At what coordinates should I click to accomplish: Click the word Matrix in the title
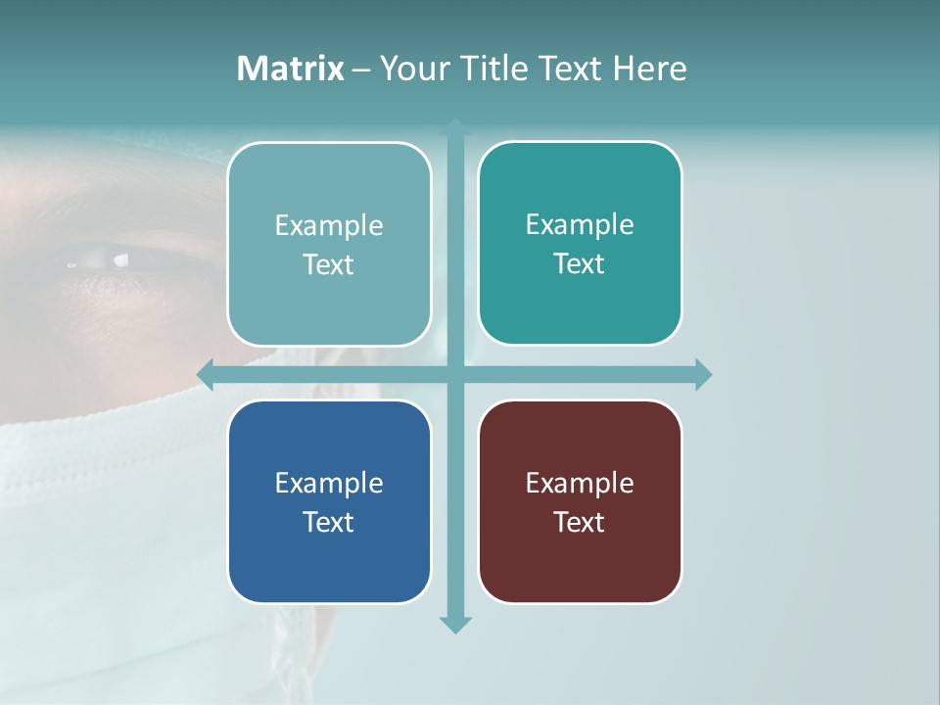pos(290,69)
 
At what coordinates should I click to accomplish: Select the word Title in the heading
pos(494,69)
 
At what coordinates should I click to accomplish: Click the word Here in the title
pos(649,69)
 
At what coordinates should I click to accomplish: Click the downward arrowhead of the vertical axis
pos(455,624)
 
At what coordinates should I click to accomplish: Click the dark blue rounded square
pos(329,501)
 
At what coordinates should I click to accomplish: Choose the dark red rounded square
pos(580,501)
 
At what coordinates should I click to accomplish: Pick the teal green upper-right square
pos(580,243)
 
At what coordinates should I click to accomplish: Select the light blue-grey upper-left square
pos(329,244)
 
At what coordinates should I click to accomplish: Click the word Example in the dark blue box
pos(329,483)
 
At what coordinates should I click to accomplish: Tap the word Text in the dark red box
pos(580,522)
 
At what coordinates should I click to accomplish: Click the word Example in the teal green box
pos(580,224)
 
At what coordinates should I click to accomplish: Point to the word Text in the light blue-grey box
pos(329,264)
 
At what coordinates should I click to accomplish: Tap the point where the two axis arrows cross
pos(455,374)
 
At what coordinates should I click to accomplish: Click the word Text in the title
pos(570,69)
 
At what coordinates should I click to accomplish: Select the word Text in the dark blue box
pos(329,522)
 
